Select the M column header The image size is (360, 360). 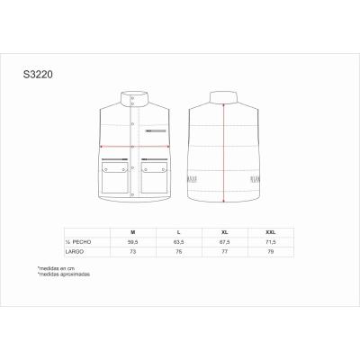[132, 232]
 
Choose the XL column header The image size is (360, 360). [224, 232]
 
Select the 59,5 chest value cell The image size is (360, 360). [132, 241]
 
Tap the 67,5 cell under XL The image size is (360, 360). [224, 241]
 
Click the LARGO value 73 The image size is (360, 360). [132, 251]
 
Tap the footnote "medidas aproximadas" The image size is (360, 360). [59, 274]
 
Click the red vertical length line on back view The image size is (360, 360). [222, 153]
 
